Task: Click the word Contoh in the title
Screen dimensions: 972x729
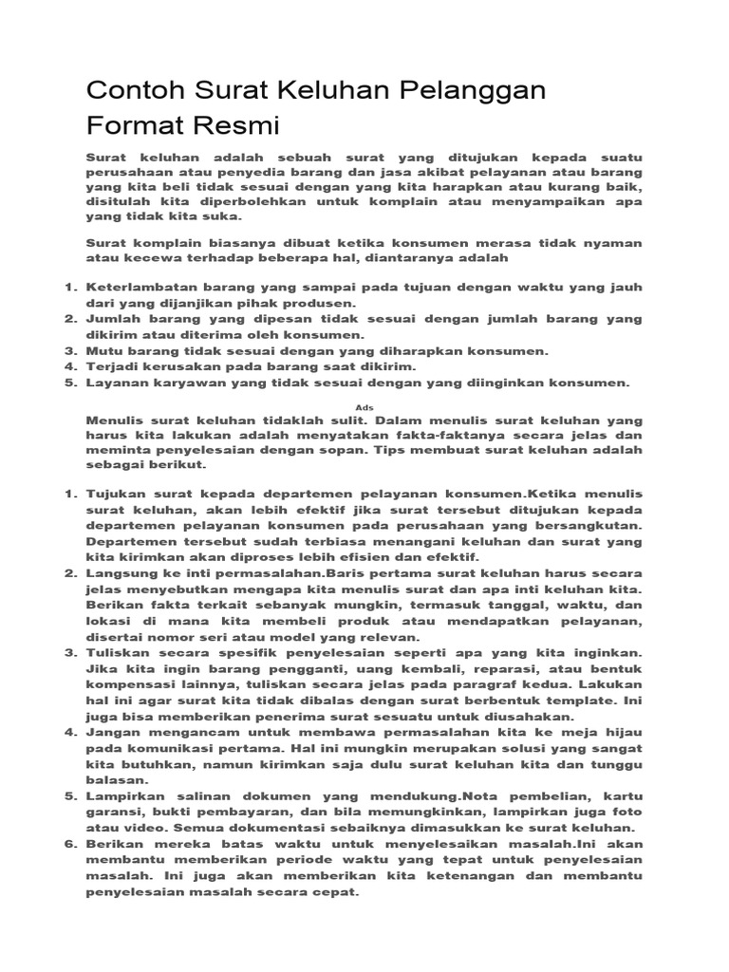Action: pyautogui.click(x=131, y=91)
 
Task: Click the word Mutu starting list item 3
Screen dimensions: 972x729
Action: pyautogui.click(x=103, y=351)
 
